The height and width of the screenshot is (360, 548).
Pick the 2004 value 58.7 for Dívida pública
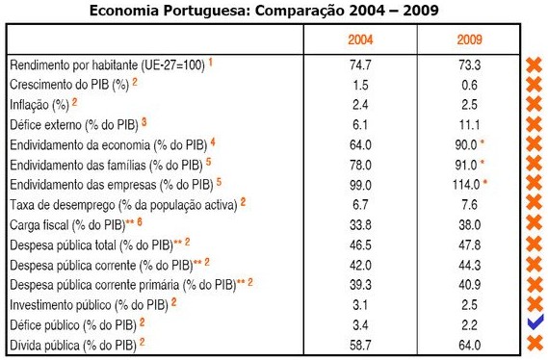(361, 343)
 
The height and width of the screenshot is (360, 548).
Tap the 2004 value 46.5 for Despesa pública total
(361, 244)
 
